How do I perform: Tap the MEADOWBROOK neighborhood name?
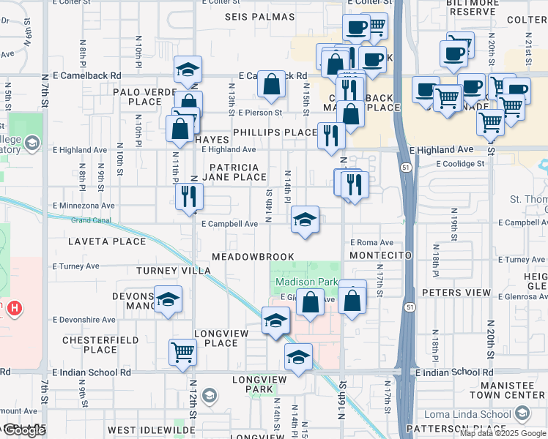[253, 258]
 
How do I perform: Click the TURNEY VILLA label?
[174, 271]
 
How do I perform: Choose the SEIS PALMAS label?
[259, 17]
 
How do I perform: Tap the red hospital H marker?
[12, 309]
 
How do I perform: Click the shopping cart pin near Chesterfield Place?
[182, 352]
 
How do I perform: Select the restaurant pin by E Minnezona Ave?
[189, 195]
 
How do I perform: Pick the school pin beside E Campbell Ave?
[305, 219]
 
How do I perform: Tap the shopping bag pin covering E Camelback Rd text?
[271, 85]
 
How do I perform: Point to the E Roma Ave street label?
[371, 242]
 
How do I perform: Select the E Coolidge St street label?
[460, 164]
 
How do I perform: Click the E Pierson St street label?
[260, 113]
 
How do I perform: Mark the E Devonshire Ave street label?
[84, 320]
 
